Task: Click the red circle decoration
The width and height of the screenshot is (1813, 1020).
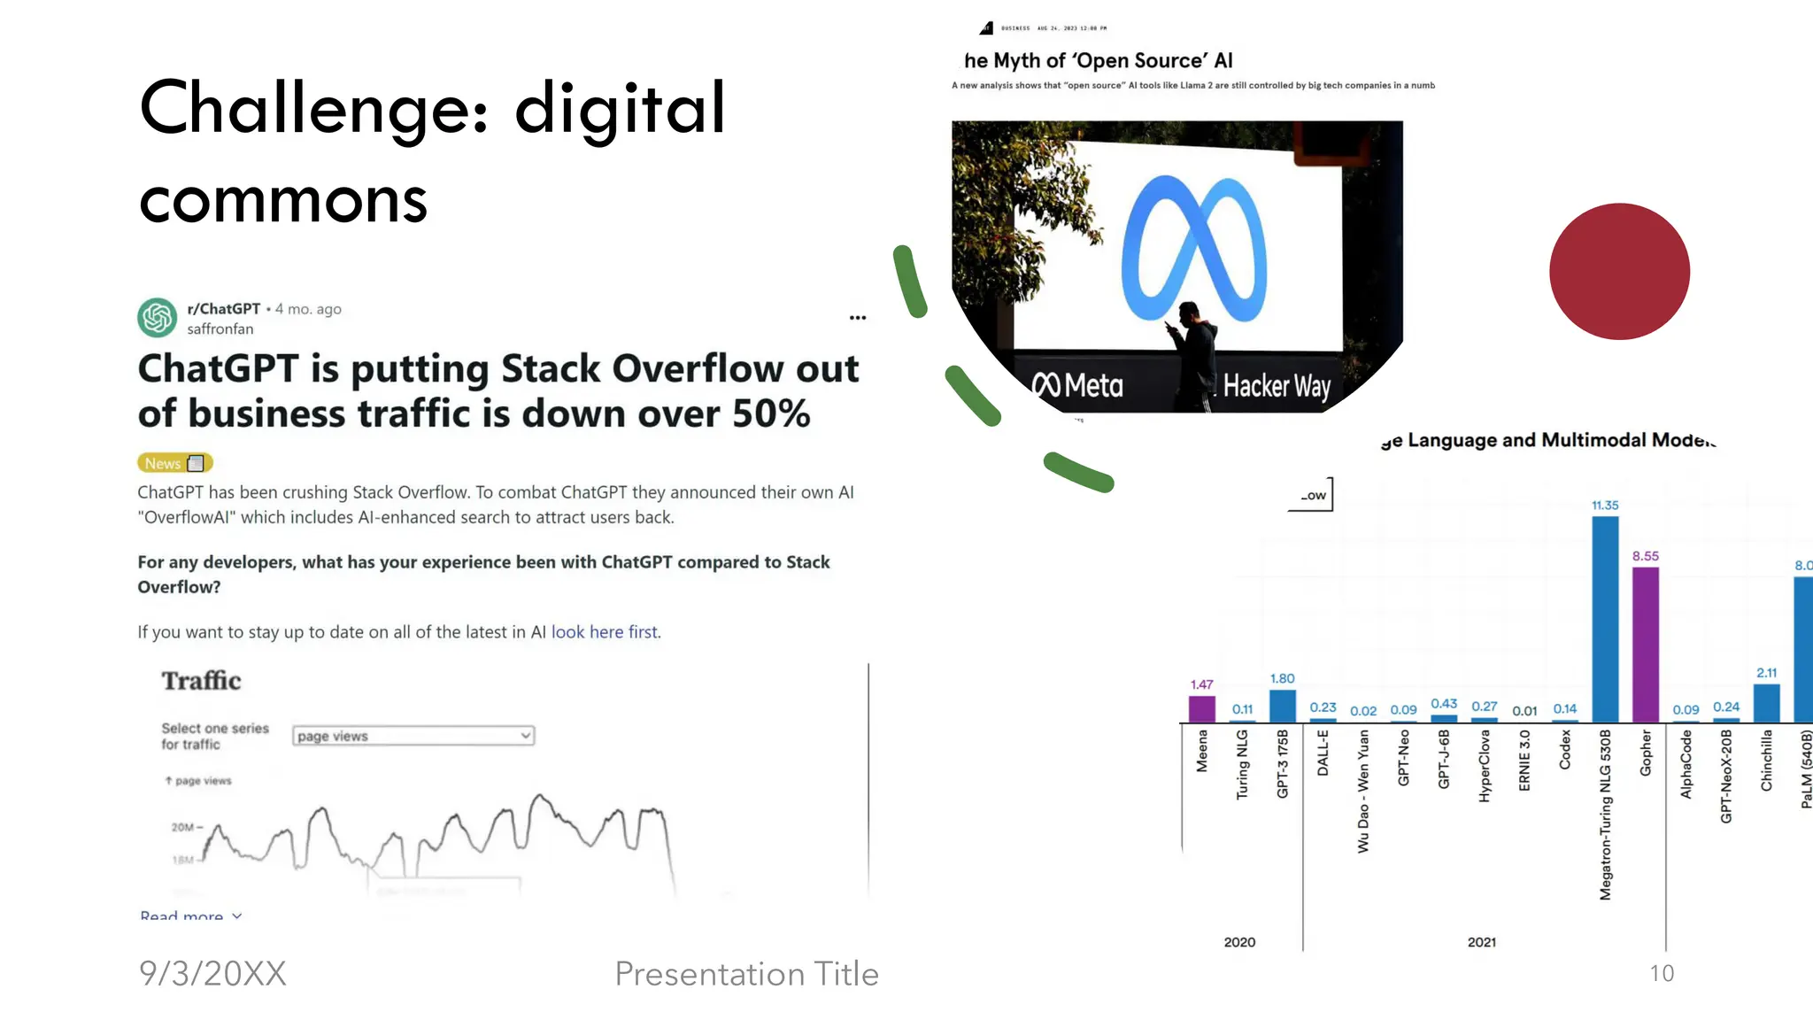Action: tap(1619, 271)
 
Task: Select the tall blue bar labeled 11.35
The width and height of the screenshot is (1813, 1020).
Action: tap(1605, 620)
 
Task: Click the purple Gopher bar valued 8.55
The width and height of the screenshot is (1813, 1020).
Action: tap(1645, 645)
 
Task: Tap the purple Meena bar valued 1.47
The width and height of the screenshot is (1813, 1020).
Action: tap(1201, 709)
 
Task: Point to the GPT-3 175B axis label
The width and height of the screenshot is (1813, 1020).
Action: tap(1283, 763)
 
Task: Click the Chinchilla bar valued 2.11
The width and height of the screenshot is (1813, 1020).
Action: tap(1766, 703)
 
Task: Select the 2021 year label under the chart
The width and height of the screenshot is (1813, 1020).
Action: tap(1481, 942)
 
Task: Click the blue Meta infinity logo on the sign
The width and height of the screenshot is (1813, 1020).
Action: tap(1193, 250)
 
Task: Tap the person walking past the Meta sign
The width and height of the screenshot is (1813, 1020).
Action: tap(1194, 354)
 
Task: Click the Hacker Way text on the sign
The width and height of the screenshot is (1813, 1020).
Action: tap(1277, 386)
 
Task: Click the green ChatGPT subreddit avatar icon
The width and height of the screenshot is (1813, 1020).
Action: tap(158, 318)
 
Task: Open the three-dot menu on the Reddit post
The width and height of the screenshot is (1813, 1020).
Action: tap(857, 318)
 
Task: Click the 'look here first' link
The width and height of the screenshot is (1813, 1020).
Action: tap(605, 632)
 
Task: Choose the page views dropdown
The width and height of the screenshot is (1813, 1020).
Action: tap(413, 736)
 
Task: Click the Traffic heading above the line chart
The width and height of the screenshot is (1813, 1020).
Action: tap(201, 681)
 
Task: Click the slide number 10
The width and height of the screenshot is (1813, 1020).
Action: tap(1662, 974)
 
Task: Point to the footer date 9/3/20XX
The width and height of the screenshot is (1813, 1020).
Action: tap(212, 974)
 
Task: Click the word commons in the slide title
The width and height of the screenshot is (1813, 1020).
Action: tap(283, 200)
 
